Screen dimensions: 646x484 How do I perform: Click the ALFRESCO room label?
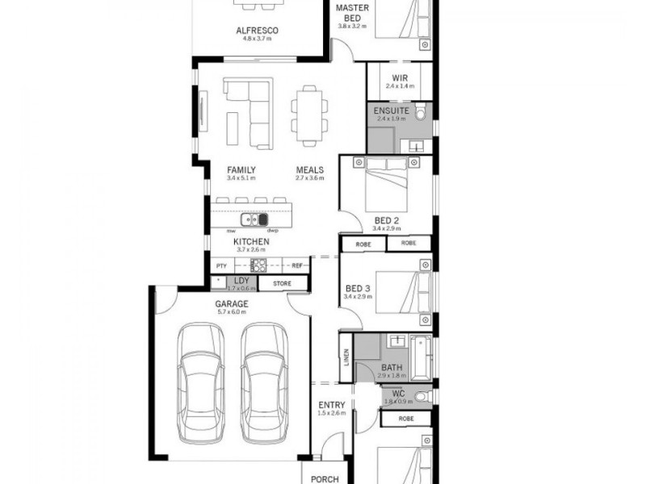(257, 31)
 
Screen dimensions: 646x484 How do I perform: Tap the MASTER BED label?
(352, 12)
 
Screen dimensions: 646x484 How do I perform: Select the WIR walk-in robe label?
(399, 77)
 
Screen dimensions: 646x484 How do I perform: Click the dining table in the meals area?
(309, 115)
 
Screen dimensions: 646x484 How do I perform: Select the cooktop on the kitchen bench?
(258, 265)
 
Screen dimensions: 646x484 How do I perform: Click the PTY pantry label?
(221, 265)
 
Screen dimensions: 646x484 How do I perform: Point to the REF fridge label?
(296, 265)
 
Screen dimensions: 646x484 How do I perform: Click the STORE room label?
(281, 283)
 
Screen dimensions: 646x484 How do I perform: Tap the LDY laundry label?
(241, 280)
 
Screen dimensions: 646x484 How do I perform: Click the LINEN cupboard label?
(346, 357)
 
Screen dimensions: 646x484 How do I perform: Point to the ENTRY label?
(331, 405)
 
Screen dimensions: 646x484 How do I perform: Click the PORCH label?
(325, 478)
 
